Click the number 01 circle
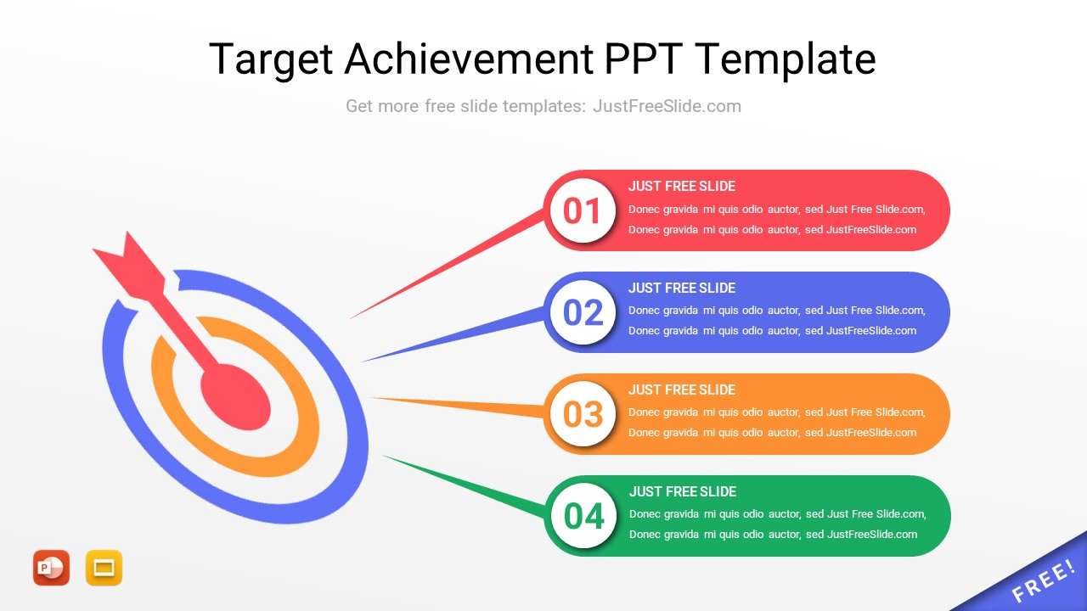[583, 210]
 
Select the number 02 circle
[583, 312]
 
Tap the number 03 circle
[583, 414]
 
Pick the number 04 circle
[583, 516]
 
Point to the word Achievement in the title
[470, 59]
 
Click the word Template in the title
[786, 59]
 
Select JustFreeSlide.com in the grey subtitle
[667, 106]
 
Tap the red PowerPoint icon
[51, 568]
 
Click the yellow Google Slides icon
[104, 568]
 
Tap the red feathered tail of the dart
[127, 261]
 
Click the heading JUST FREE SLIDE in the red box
[682, 187]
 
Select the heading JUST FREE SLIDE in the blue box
[682, 289]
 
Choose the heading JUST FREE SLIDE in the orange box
[682, 390]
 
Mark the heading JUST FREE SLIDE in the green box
[682, 492]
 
